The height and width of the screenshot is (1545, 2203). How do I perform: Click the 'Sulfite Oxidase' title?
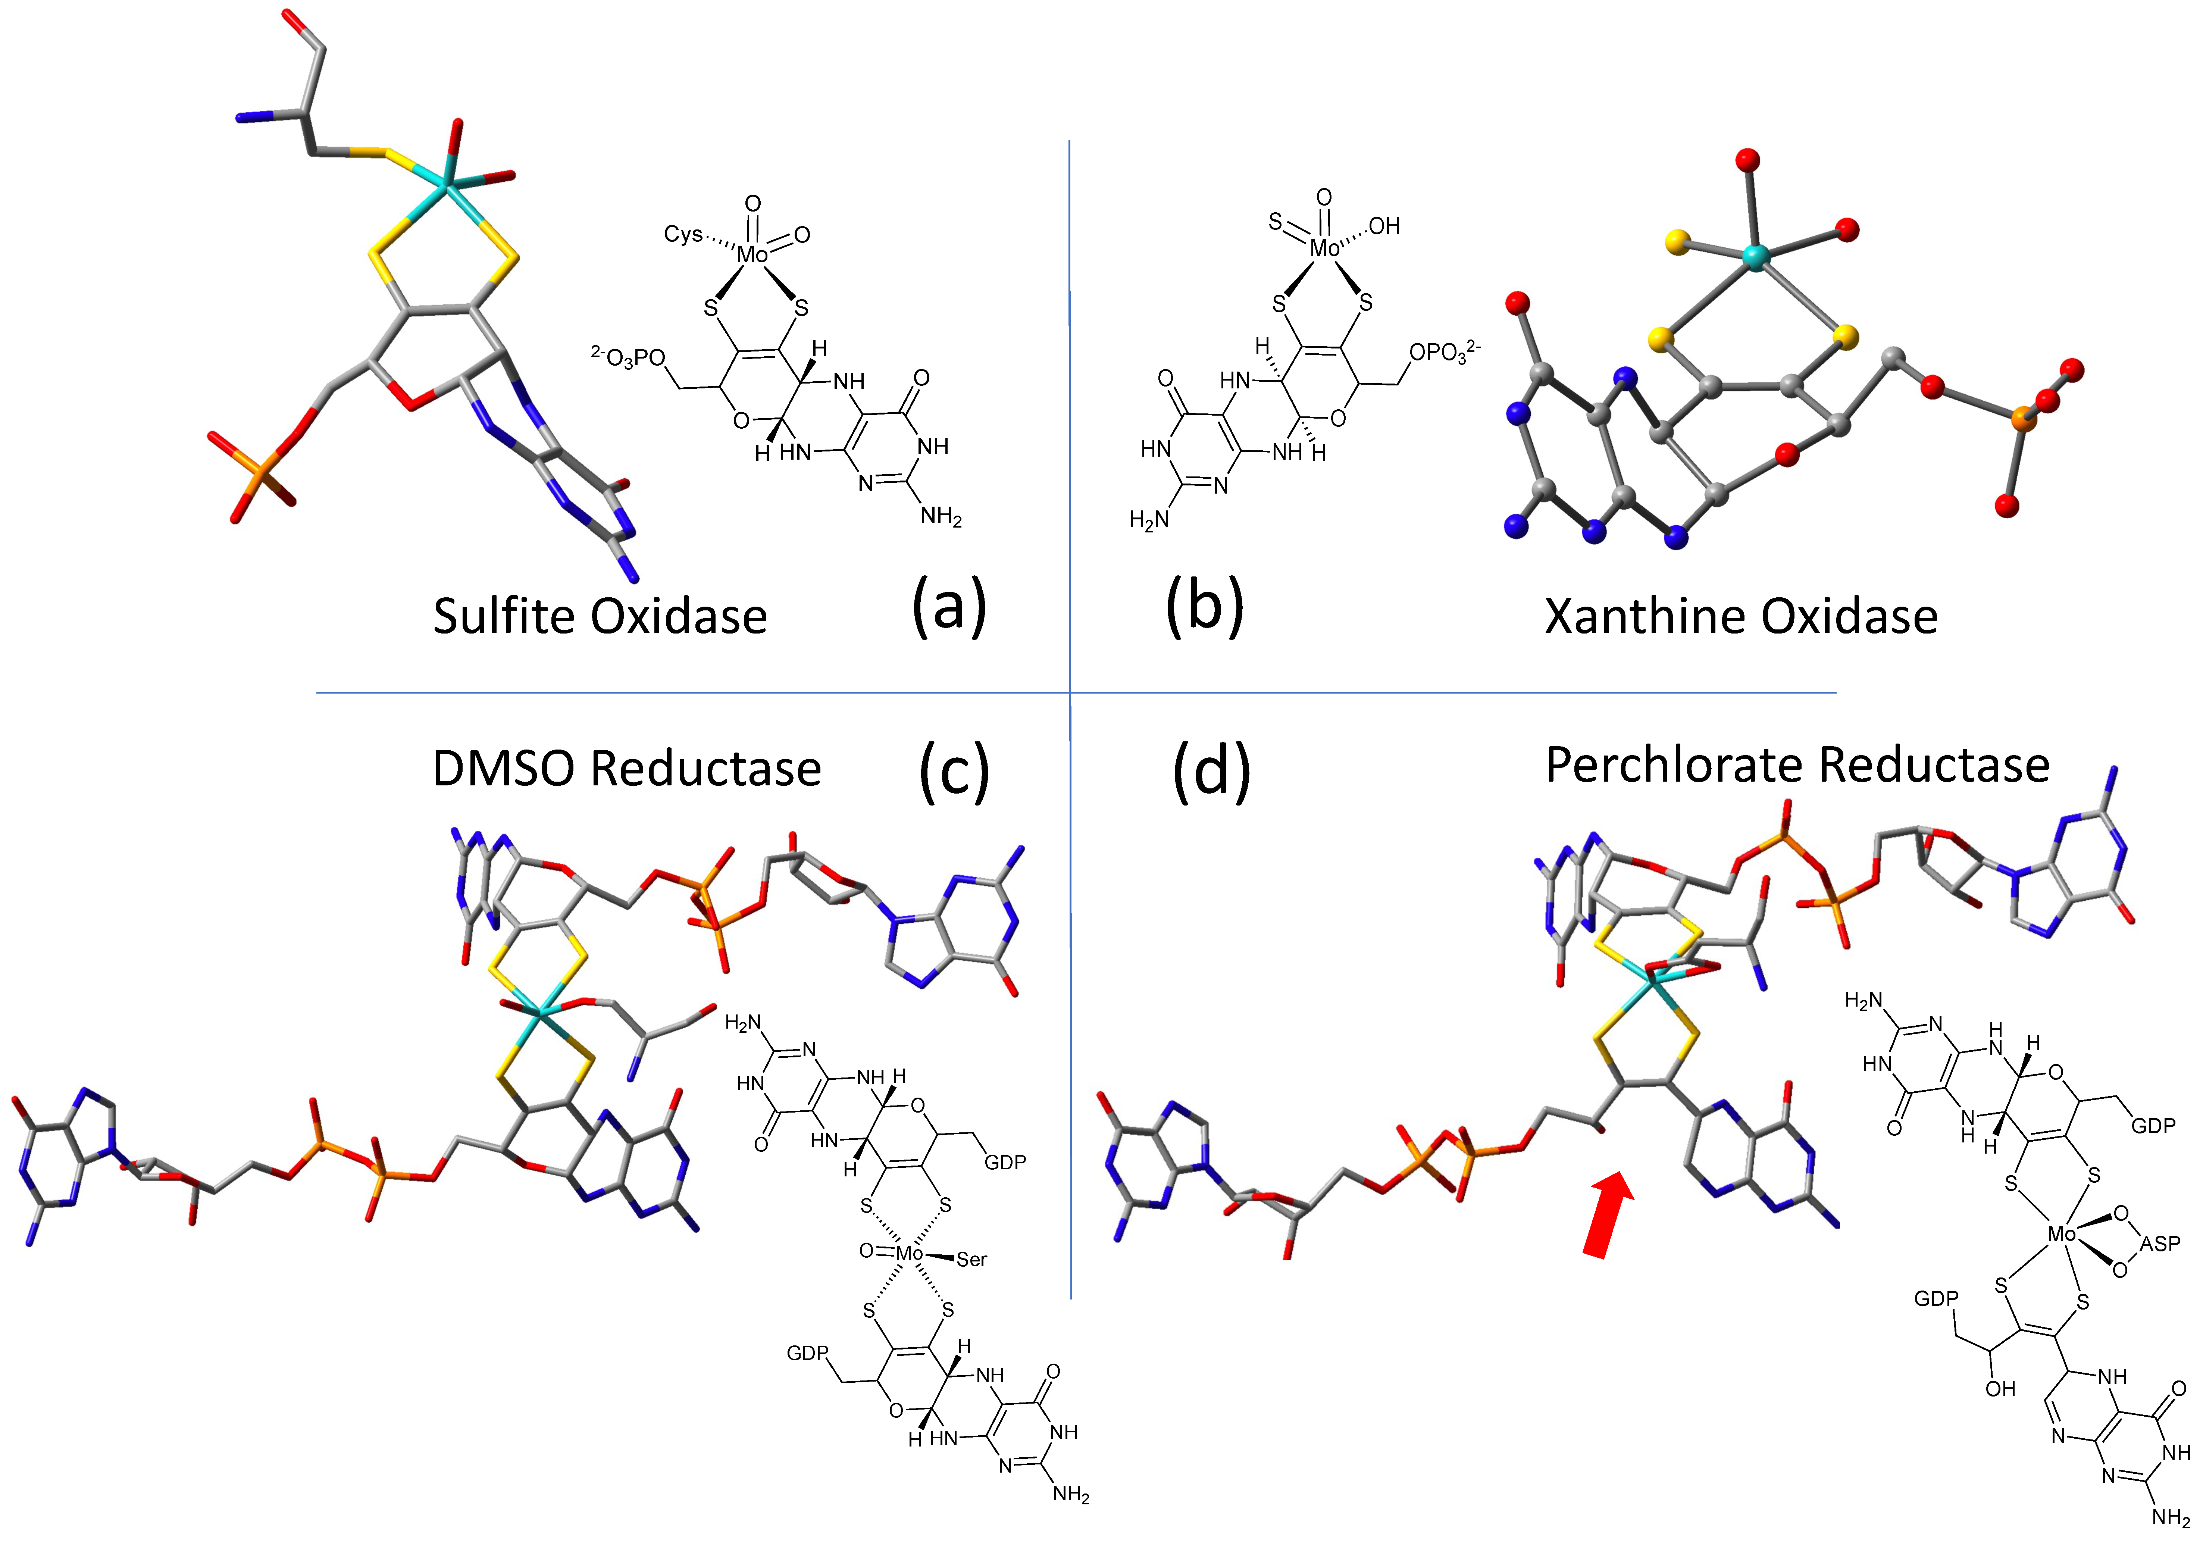coord(600,616)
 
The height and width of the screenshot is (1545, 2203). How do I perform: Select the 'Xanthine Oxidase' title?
coord(1740,616)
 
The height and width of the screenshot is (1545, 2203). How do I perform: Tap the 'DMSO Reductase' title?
coord(626,769)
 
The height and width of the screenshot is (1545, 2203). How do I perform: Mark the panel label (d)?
coord(1211,770)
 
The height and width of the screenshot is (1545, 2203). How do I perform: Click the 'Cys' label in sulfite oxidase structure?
coord(683,234)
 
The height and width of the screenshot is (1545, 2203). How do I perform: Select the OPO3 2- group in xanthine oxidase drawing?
coord(1444,352)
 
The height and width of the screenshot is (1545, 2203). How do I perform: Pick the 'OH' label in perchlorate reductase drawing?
coord(2000,1389)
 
